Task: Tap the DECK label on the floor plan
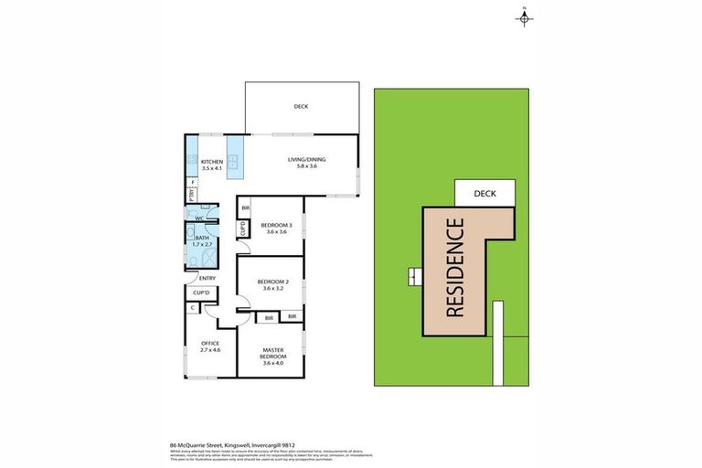point(301,107)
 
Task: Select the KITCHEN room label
point(212,163)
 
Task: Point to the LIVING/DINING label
point(305,159)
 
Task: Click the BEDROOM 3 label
point(276,225)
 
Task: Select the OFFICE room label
point(211,343)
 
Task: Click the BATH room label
point(202,239)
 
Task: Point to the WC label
point(198,219)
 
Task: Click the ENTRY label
point(207,278)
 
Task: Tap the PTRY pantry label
point(192,195)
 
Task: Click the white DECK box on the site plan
point(484,193)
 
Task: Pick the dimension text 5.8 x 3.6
point(305,166)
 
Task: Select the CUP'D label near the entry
point(202,292)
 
